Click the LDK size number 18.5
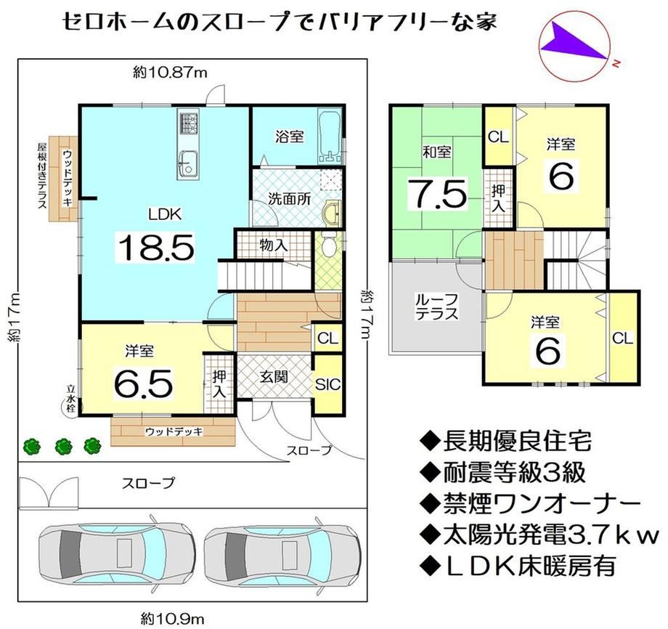[x=156, y=248]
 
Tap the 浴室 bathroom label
[x=289, y=137]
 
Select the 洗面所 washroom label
[x=289, y=200]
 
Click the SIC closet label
[x=328, y=384]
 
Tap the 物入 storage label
[x=274, y=245]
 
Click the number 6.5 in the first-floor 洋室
[x=144, y=384]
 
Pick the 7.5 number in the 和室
[x=438, y=195]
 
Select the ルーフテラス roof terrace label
[x=436, y=307]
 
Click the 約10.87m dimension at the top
[x=170, y=73]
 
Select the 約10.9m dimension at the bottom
[x=173, y=618]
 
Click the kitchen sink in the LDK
[x=188, y=163]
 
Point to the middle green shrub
[x=63, y=446]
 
